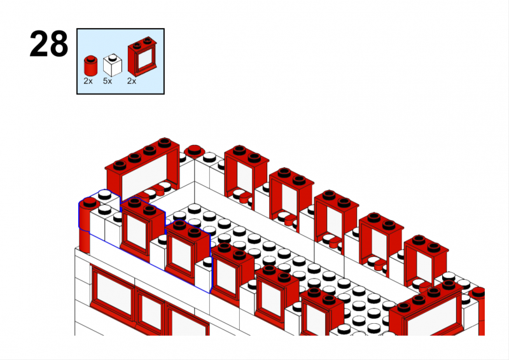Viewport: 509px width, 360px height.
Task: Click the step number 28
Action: pyautogui.click(x=49, y=44)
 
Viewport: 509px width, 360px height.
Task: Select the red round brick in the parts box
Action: pyautogui.click(x=90, y=66)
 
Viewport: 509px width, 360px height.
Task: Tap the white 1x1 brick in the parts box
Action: pyautogui.click(x=113, y=65)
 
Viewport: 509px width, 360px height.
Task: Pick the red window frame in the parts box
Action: pyautogui.click(x=142, y=57)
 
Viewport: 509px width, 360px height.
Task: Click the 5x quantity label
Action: pyautogui.click(x=108, y=81)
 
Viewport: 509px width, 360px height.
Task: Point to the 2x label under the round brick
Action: pyautogui.click(x=88, y=81)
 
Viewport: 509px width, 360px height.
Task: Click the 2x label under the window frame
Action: pyautogui.click(x=132, y=81)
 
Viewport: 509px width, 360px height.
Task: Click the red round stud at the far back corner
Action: pyautogui.click(x=194, y=151)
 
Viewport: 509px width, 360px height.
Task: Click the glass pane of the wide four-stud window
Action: pyautogui.click(x=144, y=176)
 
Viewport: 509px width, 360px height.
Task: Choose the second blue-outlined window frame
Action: pyautogui.click(x=187, y=251)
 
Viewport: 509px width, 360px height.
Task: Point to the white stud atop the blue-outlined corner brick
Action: pyautogui.click(x=104, y=194)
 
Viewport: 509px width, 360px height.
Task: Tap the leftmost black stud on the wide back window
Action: pyautogui.click(x=120, y=165)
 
